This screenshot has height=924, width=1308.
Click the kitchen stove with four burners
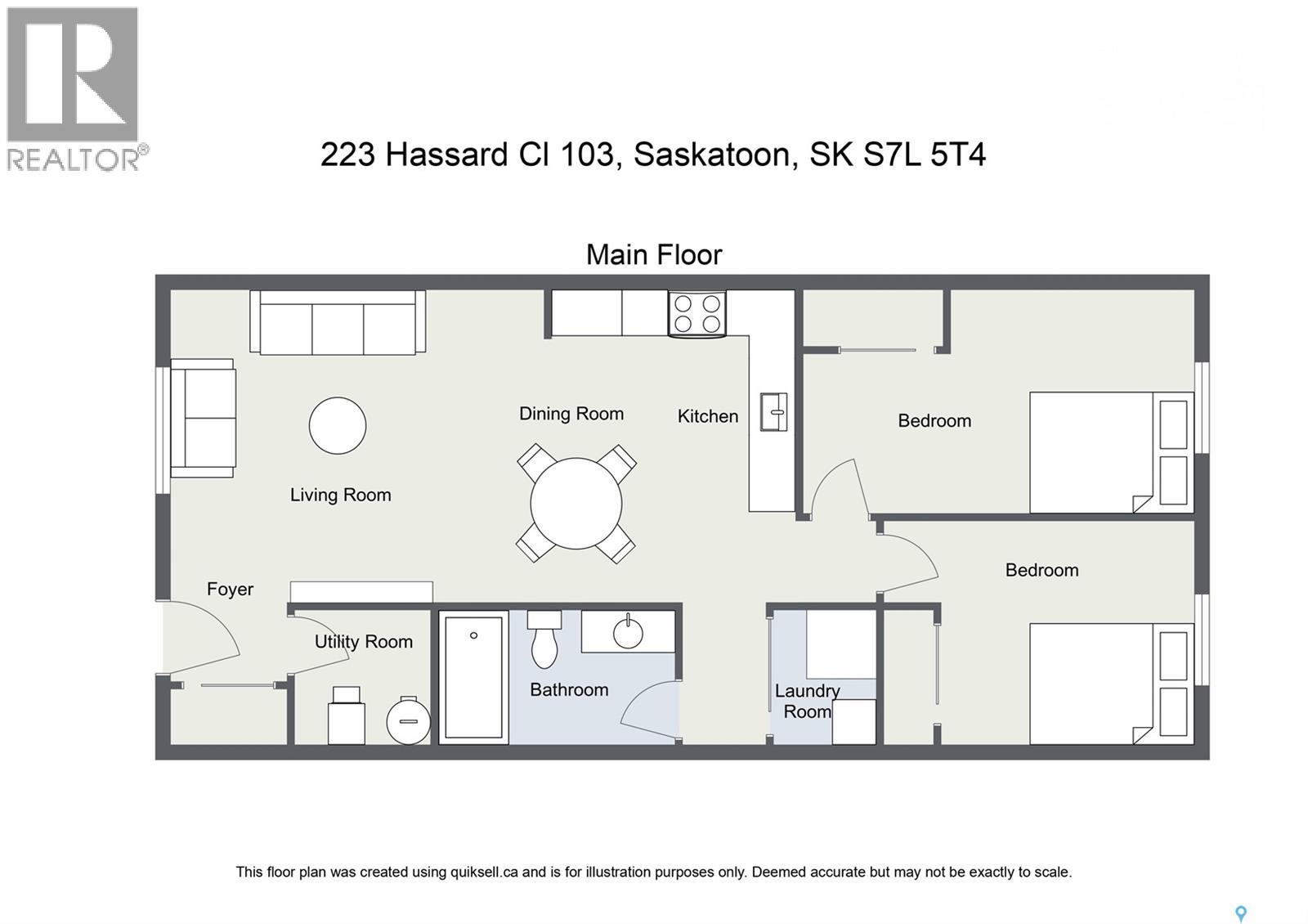point(697,314)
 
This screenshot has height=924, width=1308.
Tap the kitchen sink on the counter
point(773,411)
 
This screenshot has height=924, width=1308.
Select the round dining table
point(576,504)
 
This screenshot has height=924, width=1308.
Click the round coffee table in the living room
point(337,425)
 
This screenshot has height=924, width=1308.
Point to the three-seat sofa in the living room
point(338,323)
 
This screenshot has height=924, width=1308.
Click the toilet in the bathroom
point(544,639)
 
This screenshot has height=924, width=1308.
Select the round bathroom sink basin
point(628,633)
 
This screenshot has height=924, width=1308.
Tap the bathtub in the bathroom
point(473,677)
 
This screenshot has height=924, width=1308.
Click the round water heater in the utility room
point(408,720)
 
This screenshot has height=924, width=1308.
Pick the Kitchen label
point(707,416)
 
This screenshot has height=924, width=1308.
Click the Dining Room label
point(571,414)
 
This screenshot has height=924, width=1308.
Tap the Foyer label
point(230,590)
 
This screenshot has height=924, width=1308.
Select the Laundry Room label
point(807,702)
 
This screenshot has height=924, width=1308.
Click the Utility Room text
point(363,642)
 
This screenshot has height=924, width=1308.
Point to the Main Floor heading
point(654,255)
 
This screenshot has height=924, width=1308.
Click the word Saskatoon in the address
point(715,155)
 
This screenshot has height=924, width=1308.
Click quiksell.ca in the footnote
point(484,872)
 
